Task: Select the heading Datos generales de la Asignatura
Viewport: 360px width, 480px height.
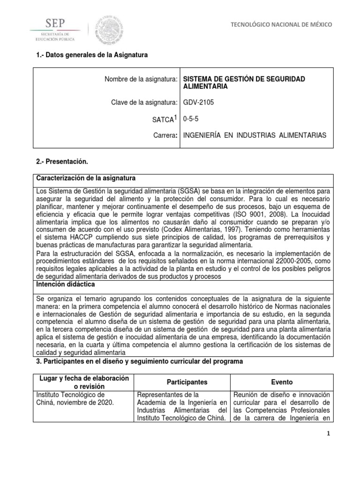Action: [x=91, y=55]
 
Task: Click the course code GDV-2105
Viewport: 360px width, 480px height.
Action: [x=198, y=103]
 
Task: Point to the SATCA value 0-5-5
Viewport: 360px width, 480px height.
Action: [x=191, y=120]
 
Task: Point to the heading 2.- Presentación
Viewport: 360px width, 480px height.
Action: [x=62, y=162]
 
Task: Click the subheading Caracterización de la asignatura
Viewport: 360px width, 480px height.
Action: [x=86, y=179]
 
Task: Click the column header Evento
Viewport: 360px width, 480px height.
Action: [x=282, y=382]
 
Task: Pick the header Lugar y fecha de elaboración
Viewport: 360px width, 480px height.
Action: [x=82, y=378]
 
